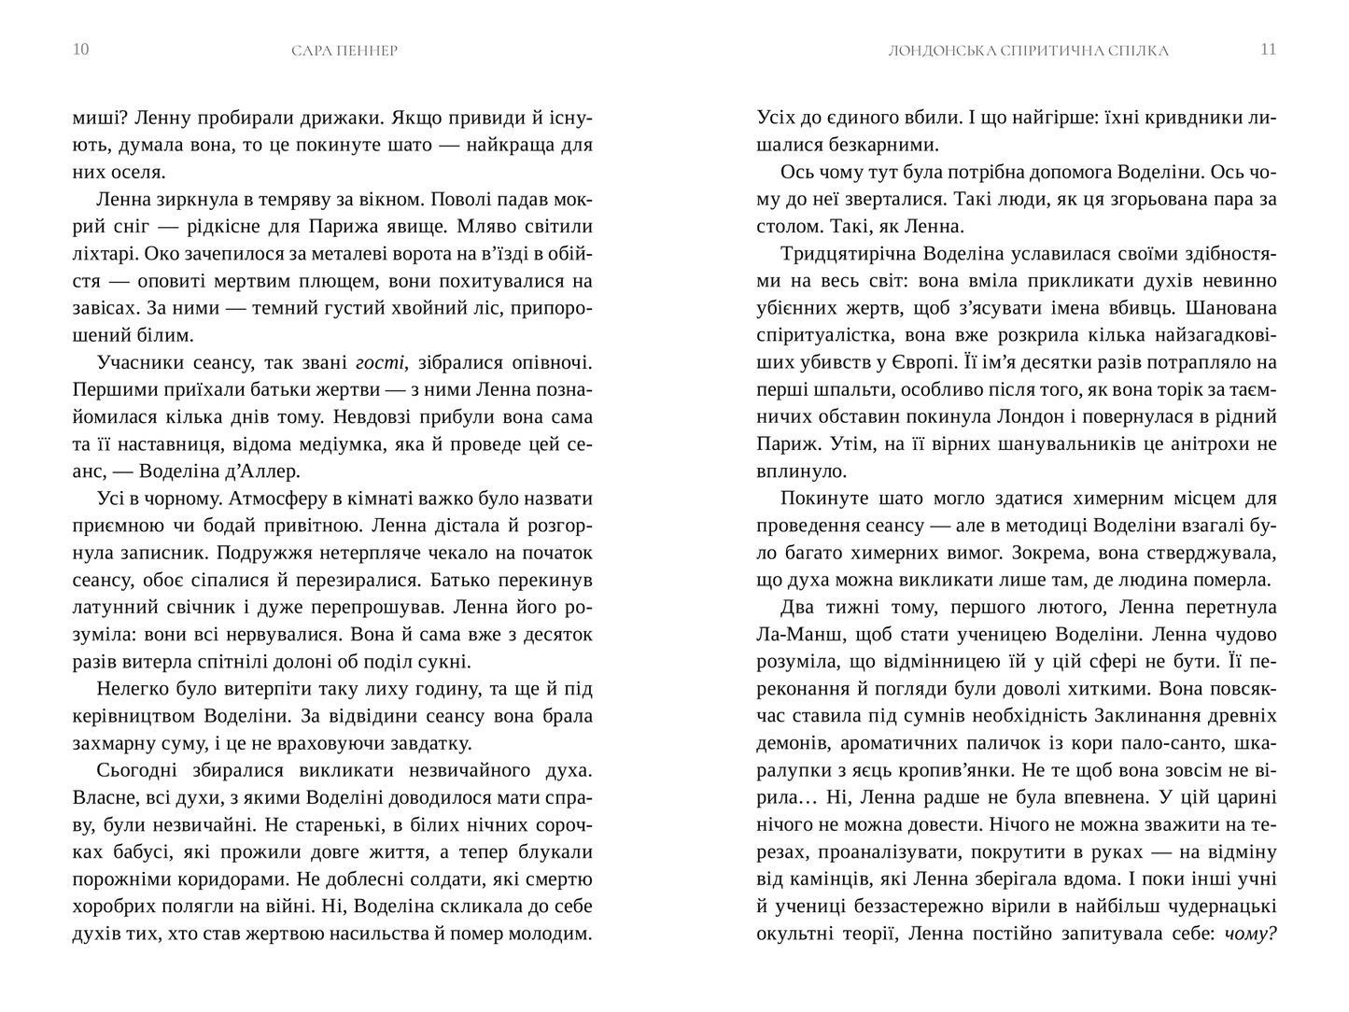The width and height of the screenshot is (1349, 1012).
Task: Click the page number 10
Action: (x=80, y=49)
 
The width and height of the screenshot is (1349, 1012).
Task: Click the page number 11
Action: (x=1268, y=49)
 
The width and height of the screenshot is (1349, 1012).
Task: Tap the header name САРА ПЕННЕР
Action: (x=344, y=50)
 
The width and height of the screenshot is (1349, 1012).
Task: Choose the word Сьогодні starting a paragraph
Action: (x=137, y=771)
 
